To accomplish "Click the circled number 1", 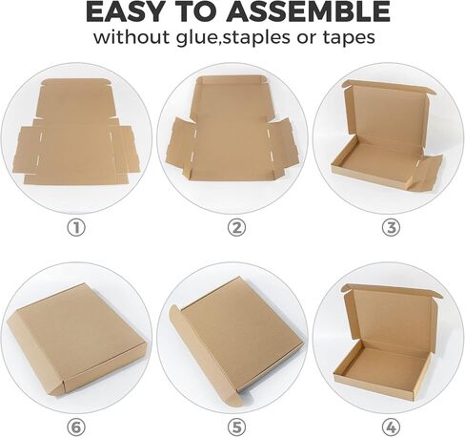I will (75, 227).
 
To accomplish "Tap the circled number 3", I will (390, 227).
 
